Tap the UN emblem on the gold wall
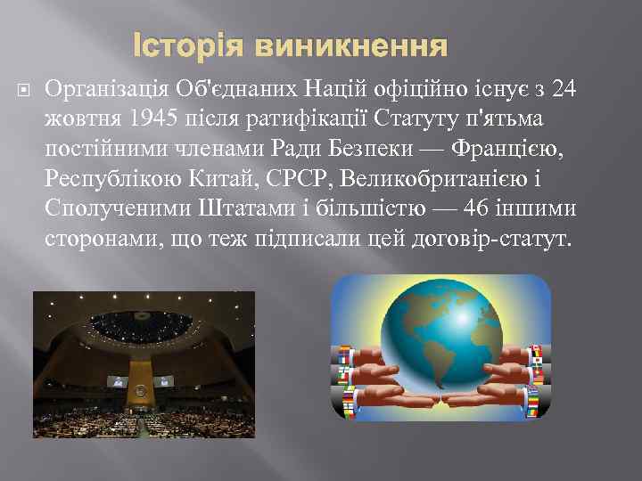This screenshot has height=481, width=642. click(141, 389)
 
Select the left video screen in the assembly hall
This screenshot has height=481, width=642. click(117, 380)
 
